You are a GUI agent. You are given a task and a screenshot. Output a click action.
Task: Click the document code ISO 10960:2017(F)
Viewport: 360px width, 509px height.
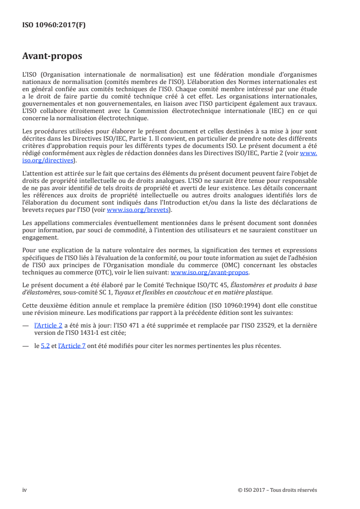[54, 25]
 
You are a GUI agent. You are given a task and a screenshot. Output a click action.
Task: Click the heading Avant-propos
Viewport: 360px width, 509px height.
[52, 56]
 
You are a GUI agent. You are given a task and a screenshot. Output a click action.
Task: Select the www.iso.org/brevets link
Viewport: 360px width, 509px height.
[138, 210]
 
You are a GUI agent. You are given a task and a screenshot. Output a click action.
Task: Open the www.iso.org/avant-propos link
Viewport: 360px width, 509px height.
[209, 273]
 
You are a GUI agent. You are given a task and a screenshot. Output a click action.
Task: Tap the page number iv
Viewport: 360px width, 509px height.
[25, 490]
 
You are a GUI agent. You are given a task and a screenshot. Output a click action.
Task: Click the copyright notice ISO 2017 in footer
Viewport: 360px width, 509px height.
[277, 490]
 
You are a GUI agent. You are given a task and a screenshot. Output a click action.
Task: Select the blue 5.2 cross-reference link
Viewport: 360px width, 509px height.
[45, 346]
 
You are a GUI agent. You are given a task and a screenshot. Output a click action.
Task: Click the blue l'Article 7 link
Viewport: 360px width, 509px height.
[72, 346]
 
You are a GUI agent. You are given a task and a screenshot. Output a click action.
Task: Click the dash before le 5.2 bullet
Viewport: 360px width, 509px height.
[26, 346]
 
